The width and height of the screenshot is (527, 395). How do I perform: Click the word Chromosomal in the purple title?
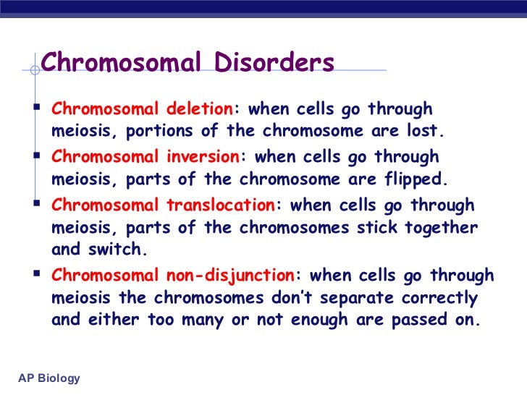point(118,64)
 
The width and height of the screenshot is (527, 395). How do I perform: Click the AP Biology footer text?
point(49,378)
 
